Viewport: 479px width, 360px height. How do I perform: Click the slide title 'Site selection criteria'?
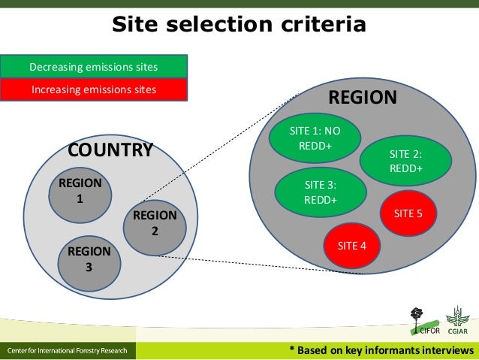pos(239,25)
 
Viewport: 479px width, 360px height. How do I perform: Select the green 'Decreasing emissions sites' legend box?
pos(93,67)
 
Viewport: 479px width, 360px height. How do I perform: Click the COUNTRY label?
pos(110,150)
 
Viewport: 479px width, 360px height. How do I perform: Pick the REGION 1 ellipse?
pos(80,192)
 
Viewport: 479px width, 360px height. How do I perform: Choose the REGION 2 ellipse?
pos(155,224)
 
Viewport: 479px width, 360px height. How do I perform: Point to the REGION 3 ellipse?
pos(89,259)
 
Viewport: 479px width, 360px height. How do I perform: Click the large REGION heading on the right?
pos(363,98)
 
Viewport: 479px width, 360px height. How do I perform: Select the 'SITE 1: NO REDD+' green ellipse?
pos(315,138)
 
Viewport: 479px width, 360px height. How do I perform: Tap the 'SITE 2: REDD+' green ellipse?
pos(405,161)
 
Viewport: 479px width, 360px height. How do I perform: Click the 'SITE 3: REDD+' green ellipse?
pos(320,192)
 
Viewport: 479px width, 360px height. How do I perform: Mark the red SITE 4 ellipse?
pos(351,245)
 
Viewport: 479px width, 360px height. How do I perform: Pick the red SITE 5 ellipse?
pos(408,213)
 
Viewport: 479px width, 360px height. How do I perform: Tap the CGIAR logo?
pos(457,322)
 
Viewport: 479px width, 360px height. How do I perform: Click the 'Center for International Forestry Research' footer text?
pos(68,351)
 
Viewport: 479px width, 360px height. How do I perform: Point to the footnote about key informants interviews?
pos(382,351)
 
